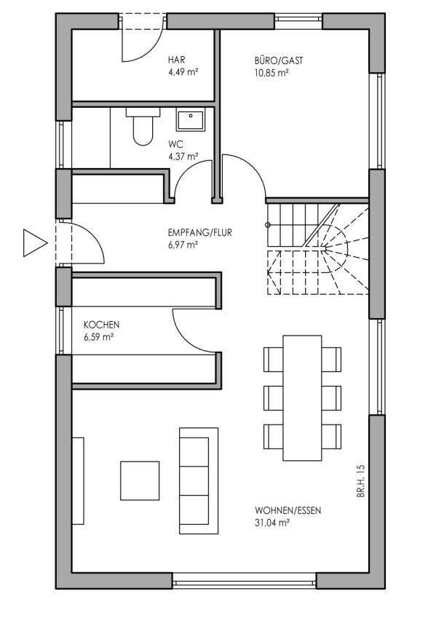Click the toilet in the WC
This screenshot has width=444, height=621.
(x=143, y=126)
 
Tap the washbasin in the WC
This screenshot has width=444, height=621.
(x=191, y=120)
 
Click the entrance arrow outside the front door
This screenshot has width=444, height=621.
(x=35, y=242)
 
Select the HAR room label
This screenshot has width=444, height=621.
(x=176, y=60)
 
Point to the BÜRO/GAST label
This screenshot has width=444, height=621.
(x=279, y=60)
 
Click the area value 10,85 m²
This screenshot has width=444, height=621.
(x=271, y=73)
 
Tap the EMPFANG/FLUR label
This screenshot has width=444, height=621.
(x=200, y=232)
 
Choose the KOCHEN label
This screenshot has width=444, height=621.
(x=101, y=325)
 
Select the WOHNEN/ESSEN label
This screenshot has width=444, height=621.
(x=288, y=510)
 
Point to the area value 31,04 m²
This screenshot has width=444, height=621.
(x=271, y=523)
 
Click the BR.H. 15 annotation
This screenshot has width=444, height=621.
(x=360, y=481)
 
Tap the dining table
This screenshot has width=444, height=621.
(x=302, y=398)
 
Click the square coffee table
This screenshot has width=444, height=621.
(x=140, y=480)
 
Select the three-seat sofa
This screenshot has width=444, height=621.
(x=199, y=480)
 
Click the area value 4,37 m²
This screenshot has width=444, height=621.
(x=183, y=157)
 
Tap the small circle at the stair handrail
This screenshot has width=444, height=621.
(x=267, y=225)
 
